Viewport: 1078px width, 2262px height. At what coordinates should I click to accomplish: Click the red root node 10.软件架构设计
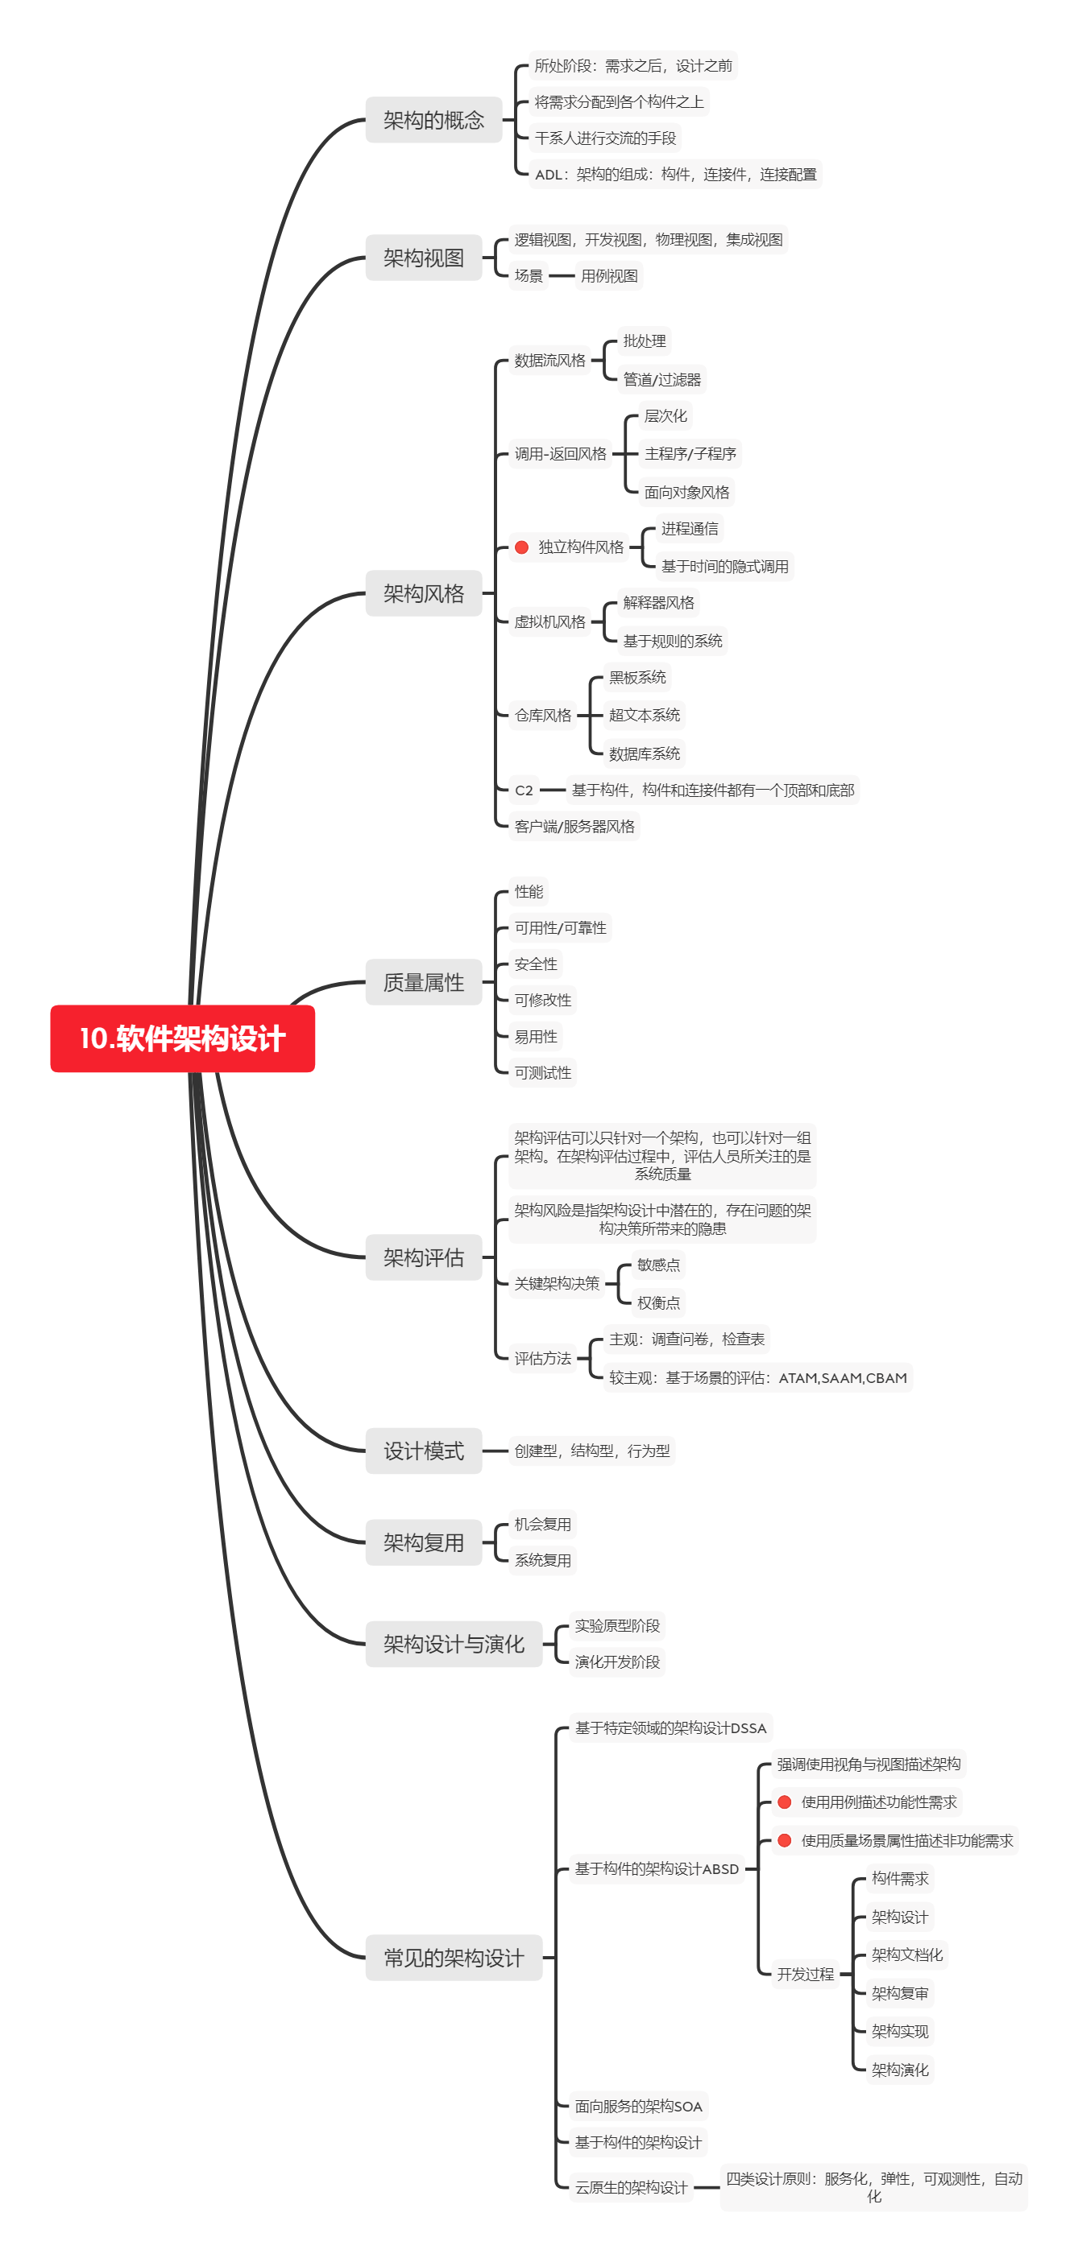click(x=182, y=1038)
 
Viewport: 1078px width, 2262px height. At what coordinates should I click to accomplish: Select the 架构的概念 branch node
click(x=433, y=119)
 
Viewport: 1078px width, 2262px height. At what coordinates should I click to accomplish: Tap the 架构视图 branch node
click(x=424, y=258)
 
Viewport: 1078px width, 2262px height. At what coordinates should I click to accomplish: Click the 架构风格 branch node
click(x=424, y=593)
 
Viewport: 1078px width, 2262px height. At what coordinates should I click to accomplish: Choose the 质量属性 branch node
click(x=424, y=982)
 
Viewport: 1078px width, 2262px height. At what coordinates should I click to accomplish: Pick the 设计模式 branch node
click(x=424, y=1451)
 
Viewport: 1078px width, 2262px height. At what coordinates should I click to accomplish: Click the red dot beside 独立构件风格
click(x=521, y=547)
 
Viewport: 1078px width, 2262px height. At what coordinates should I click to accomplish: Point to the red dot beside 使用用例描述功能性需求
click(x=785, y=1802)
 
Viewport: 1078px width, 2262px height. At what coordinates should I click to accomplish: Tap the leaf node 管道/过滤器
click(x=661, y=379)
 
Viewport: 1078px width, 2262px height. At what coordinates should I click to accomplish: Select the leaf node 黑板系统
click(x=637, y=677)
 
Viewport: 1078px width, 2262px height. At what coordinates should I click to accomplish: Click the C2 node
click(x=524, y=790)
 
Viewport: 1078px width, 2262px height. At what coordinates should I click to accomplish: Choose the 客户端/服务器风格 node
click(x=574, y=826)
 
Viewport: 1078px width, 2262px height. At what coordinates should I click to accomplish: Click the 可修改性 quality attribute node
click(x=542, y=1000)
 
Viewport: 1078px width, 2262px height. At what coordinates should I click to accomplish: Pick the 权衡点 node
click(x=658, y=1302)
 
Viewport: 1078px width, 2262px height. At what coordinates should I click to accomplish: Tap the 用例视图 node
click(x=609, y=276)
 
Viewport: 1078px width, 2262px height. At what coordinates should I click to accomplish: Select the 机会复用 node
click(x=542, y=1525)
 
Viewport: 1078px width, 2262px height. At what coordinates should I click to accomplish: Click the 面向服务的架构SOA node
click(x=638, y=2106)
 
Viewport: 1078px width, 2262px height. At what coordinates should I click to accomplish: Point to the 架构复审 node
click(x=900, y=1992)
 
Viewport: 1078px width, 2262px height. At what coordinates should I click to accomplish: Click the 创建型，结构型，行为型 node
click(x=591, y=1451)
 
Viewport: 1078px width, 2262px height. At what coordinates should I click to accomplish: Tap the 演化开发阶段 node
click(x=617, y=1661)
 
